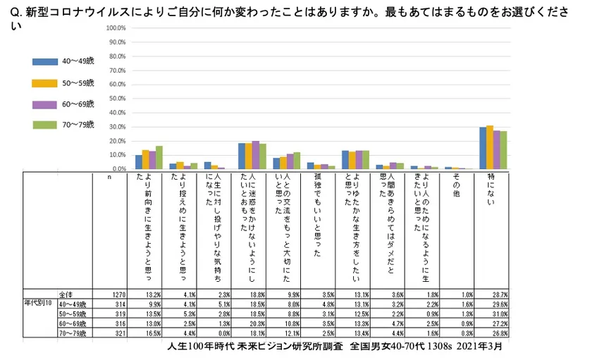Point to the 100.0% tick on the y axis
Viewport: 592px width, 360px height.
coord(116,28)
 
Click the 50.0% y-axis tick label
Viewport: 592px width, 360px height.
coord(116,99)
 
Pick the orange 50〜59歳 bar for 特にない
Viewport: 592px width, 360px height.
coord(490,147)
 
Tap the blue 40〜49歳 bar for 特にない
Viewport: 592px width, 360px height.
coord(483,148)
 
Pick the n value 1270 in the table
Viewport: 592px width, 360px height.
coord(118,294)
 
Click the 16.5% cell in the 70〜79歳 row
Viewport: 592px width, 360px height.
coord(153,332)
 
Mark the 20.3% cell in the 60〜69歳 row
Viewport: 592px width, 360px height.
coord(256,323)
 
